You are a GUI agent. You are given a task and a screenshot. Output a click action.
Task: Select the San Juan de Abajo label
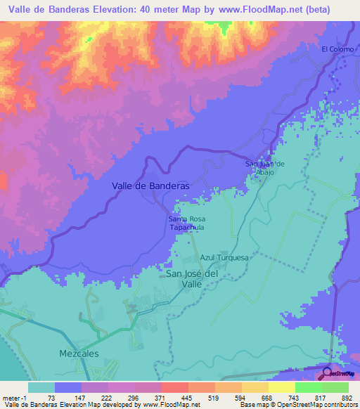pos(264,168)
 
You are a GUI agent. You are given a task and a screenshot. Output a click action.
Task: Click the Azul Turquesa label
pos(225,258)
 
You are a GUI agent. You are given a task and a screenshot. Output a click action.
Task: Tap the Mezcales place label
pos(79,353)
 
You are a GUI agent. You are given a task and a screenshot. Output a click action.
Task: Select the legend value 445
pos(187,397)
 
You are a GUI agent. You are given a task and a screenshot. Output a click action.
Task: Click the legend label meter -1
pos(14,397)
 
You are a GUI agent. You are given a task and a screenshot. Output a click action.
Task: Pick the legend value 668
pos(267,397)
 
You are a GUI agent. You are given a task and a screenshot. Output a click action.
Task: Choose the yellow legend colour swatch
pos(281,387)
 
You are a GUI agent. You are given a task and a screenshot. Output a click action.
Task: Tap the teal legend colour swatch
pos(41,387)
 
